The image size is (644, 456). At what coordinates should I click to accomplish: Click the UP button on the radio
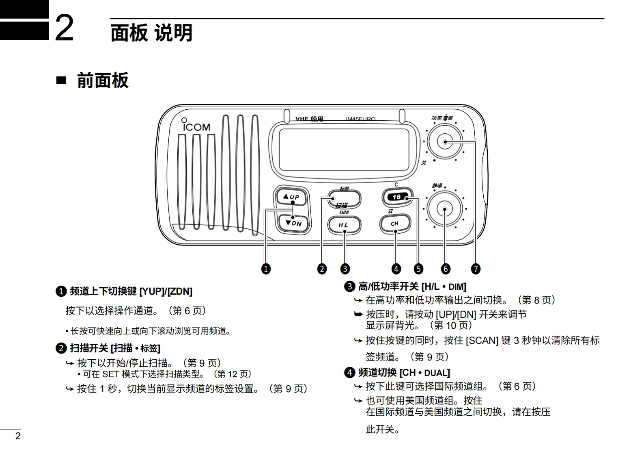tap(291, 197)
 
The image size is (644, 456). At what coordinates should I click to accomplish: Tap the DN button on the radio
tap(293, 223)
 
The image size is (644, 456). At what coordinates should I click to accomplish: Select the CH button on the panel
tap(394, 224)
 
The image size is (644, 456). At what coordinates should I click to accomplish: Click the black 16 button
tap(397, 197)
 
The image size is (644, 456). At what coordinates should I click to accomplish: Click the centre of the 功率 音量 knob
tap(445, 141)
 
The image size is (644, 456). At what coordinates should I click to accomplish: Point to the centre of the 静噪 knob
tap(445, 210)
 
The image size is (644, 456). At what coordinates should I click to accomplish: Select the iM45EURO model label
tap(360, 119)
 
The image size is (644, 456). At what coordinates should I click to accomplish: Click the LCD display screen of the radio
tap(343, 150)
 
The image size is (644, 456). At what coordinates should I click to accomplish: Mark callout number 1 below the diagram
tap(266, 269)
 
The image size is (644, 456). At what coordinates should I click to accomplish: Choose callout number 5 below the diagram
tap(418, 269)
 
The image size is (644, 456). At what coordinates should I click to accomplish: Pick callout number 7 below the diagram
tap(476, 269)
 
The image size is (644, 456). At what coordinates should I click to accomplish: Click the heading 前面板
tap(103, 80)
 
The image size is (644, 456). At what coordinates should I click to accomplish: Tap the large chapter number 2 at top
tap(64, 28)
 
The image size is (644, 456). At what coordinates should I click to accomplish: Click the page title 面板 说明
tap(151, 33)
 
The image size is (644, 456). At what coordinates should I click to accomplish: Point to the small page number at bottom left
tap(17, 436)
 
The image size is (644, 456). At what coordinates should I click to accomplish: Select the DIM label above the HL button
tap(344, 212)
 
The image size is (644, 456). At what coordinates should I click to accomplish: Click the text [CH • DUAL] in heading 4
tap(424, 373)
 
